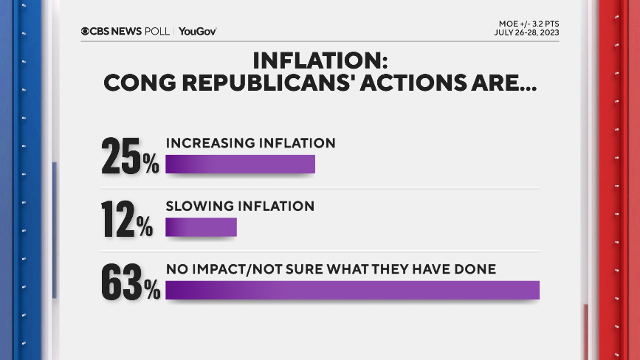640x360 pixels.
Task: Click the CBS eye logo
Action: click(85, 31)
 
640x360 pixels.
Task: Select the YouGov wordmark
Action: click(197, 31)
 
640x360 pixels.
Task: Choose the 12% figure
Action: click(127, 219)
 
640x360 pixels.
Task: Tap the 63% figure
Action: click(130, 283)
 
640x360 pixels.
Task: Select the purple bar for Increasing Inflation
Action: click(240, 164)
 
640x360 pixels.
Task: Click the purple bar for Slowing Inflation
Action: click(201, 227)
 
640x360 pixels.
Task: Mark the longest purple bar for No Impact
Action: click(352, 290)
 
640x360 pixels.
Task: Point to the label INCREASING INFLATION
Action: click(250, 142)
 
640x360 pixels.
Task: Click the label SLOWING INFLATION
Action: click(240, 206)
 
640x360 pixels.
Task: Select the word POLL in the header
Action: click(157, 31)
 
